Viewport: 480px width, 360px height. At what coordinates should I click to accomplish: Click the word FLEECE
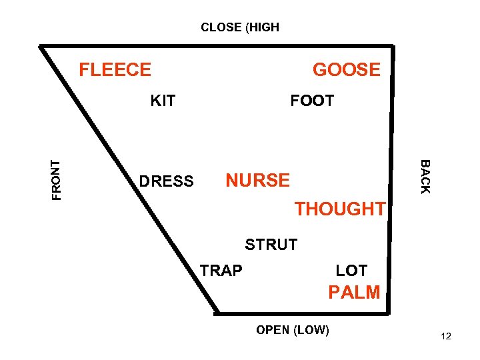point(115,69)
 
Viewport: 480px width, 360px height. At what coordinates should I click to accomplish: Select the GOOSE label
point(346,69)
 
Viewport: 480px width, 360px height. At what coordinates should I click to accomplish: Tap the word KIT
point(163,101)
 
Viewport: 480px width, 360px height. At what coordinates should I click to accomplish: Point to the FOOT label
point(311,101)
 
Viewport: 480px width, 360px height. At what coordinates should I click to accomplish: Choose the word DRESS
point(166,181)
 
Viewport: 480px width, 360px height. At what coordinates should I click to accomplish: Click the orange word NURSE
point(257,181)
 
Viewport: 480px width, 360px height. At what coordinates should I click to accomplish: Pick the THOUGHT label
point(340,209)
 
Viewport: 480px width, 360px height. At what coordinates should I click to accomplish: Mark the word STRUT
point(271,245)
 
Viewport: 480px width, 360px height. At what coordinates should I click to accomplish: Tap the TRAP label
point(221,270)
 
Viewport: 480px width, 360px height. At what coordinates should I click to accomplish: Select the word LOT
point(351,271)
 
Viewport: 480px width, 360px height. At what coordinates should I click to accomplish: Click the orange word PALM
point(354,292)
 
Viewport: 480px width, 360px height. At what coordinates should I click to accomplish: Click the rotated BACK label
point(425,177)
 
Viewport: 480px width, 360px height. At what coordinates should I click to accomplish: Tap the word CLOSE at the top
point(222,27)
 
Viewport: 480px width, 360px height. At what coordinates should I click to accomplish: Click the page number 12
point(446,337)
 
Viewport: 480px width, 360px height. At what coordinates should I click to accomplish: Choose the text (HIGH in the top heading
point(263,27)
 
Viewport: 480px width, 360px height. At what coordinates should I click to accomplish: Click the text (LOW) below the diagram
point(311,330)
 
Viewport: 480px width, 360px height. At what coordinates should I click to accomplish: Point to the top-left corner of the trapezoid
point(41,47)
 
